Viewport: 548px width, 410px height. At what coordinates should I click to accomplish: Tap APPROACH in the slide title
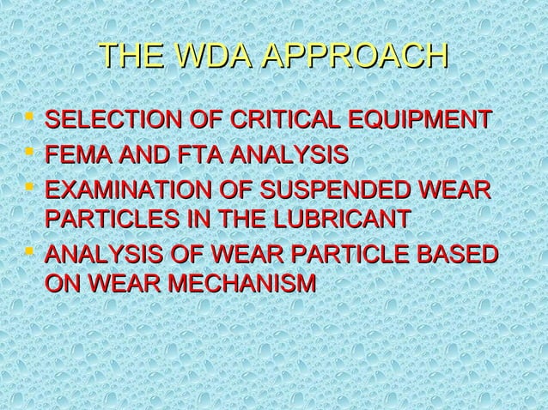[x=353, y=57]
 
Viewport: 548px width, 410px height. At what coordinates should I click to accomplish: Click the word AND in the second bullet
[x=132, y=155]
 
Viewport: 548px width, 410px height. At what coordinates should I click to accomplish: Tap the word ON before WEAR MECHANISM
[x=60, y=282]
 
